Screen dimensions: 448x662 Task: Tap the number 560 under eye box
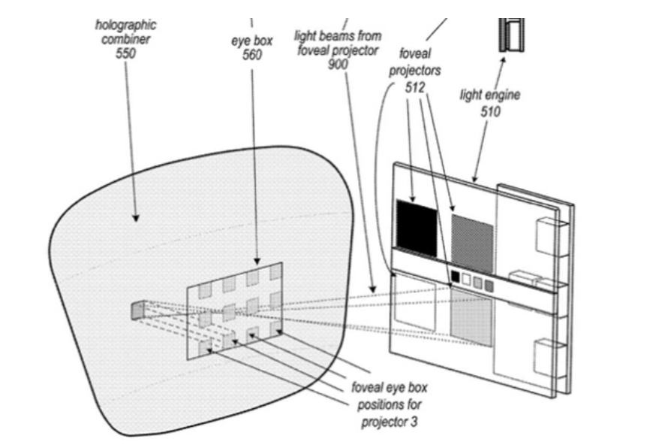click(x=251, y=55)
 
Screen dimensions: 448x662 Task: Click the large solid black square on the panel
click(x=417, y=225)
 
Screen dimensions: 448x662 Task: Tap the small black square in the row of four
click(x=456, y=278)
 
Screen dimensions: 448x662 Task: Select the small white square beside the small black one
click(x=466, y=280)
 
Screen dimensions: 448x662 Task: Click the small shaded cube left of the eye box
click(x=137, y=309)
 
